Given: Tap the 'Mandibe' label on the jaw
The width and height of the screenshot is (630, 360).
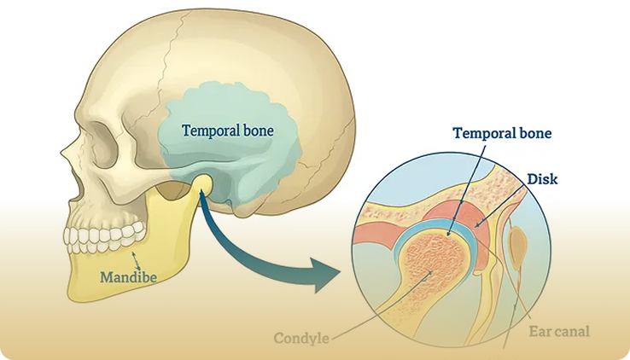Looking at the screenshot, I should click(128, 277).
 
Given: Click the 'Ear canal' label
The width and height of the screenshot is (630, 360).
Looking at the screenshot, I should click(559, 330).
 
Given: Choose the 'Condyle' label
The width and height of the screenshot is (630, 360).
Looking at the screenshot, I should click(301, 338).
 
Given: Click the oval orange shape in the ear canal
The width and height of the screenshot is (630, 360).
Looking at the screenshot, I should click(518, 248).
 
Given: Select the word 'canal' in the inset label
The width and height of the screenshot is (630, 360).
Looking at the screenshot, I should click(572, 330).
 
